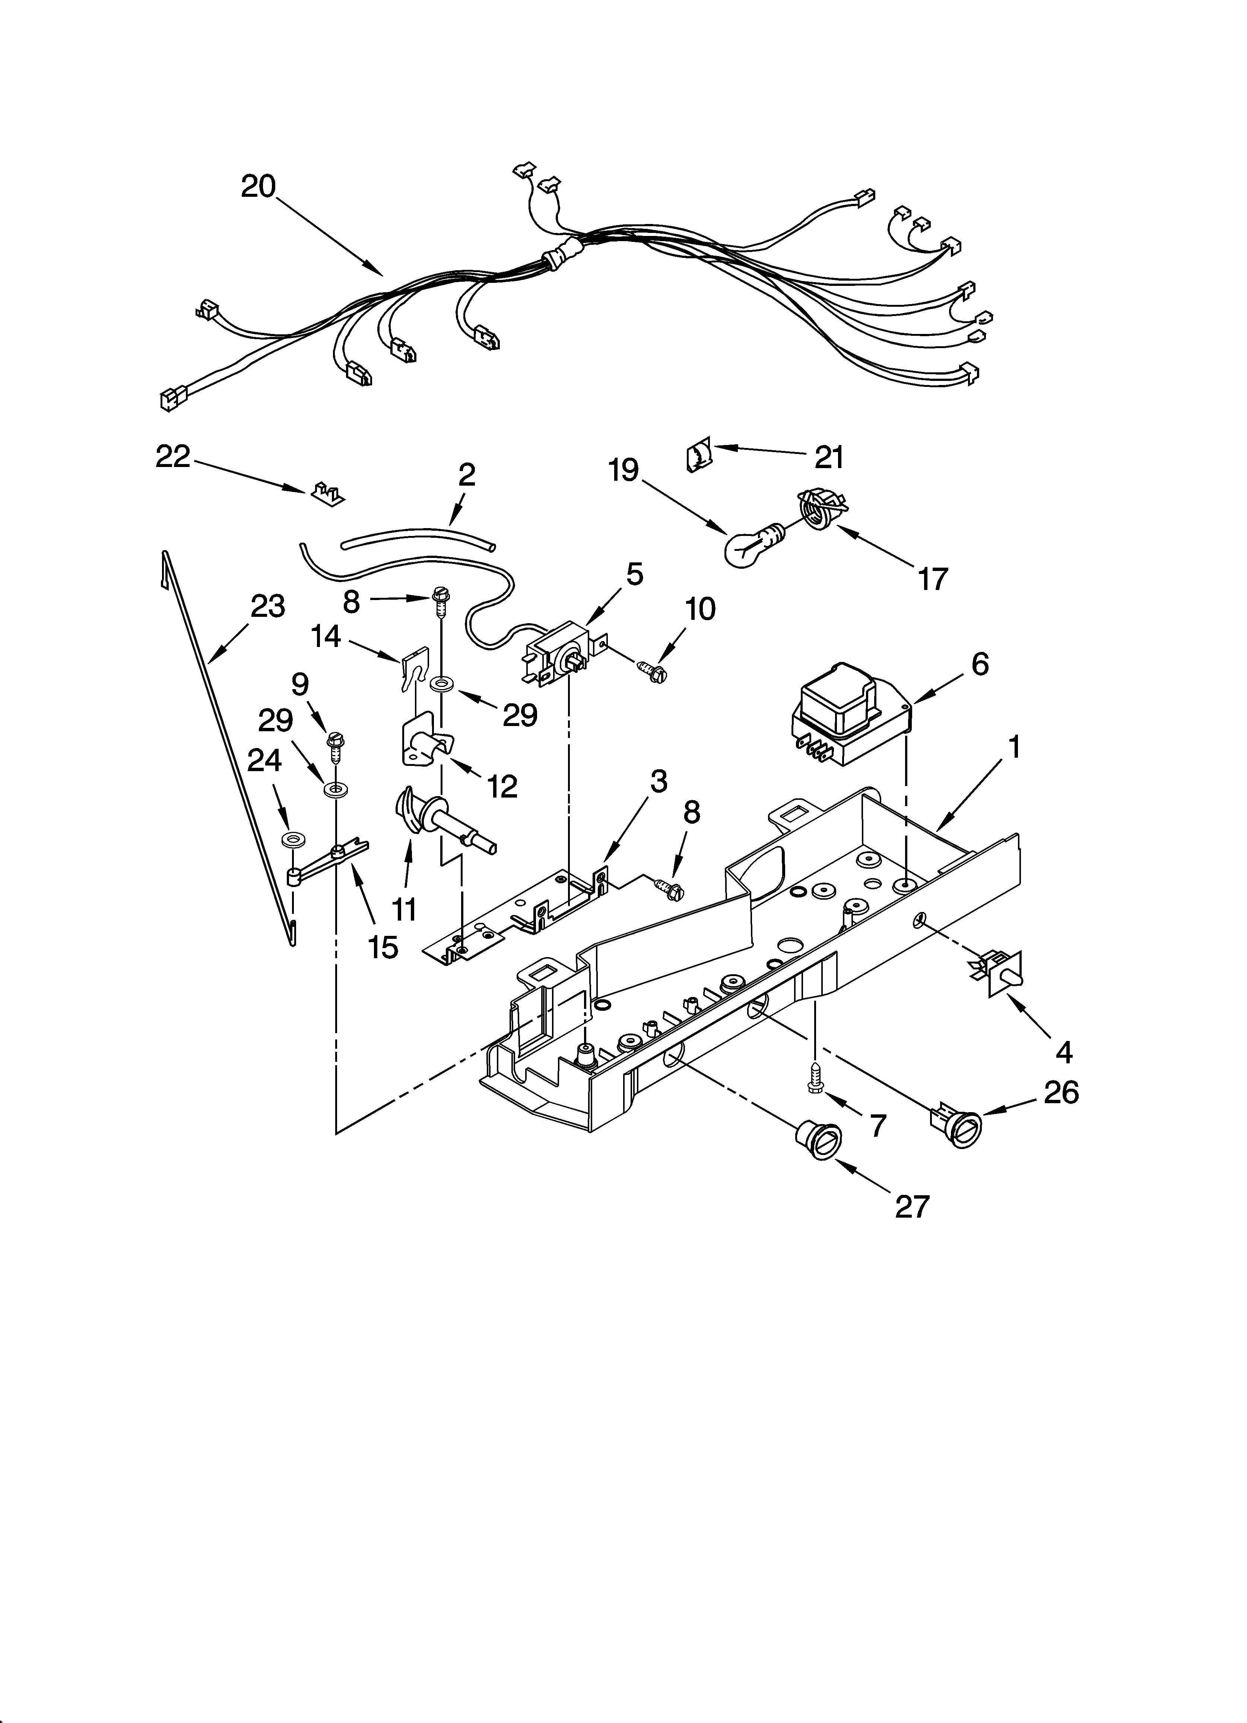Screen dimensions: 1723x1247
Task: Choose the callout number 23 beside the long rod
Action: [x=267, y=606]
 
